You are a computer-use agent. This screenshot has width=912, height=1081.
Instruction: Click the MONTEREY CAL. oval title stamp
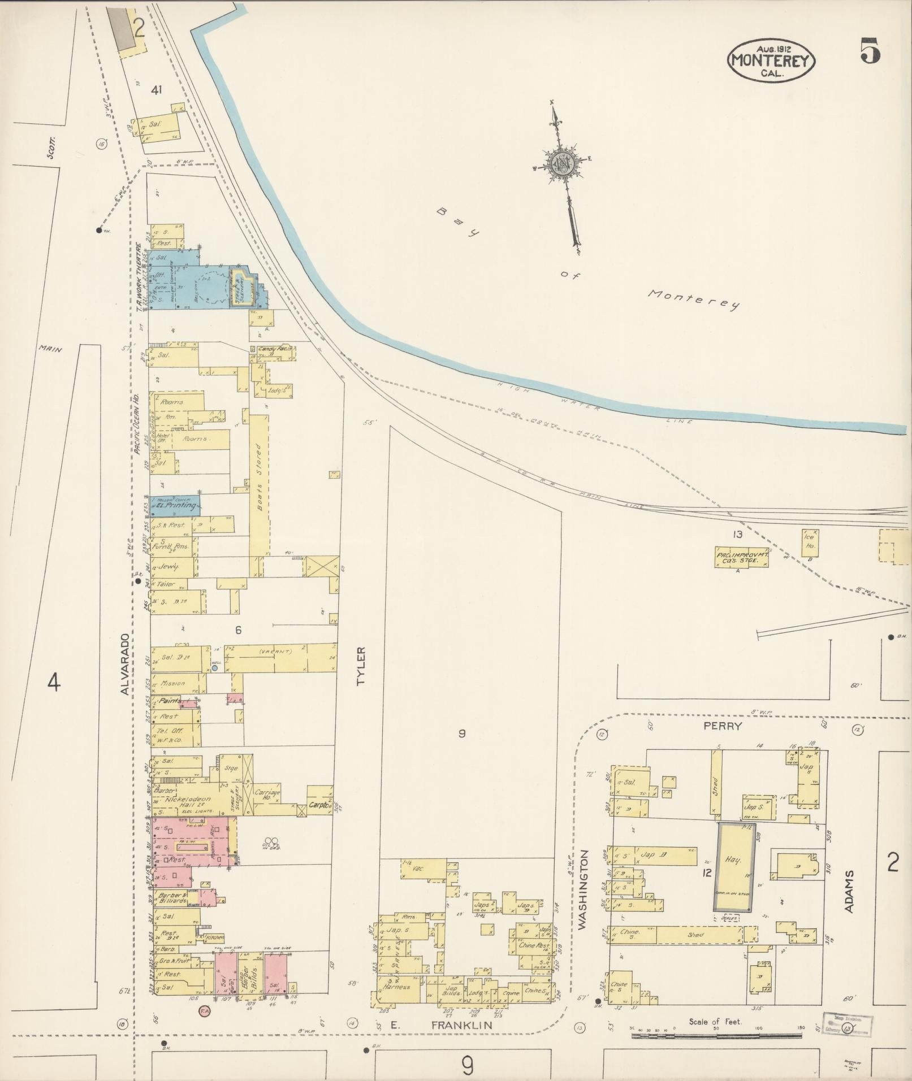click(x=771, y=59)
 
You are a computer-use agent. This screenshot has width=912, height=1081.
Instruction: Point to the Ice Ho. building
click(x=810, y=542)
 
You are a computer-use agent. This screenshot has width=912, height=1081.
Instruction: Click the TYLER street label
click(x=361, y=667)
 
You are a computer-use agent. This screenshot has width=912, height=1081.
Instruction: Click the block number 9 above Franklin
click(x=462, y=734)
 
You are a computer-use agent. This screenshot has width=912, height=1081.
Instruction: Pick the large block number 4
click(x=53, y=683)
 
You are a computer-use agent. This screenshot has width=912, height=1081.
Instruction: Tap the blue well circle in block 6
click(x=214, y=668)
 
